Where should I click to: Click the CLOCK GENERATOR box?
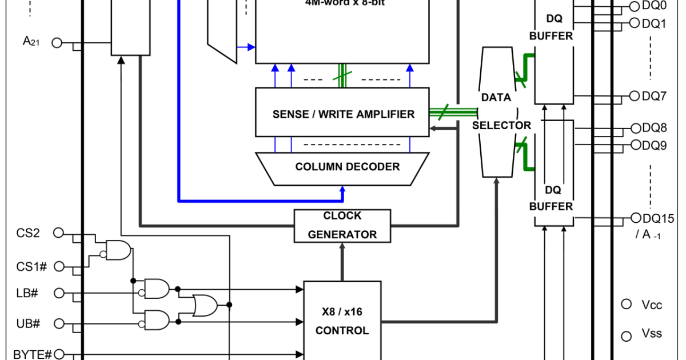[342, 225]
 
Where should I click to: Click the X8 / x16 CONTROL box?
[342, 320]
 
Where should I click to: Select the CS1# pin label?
[31, 266]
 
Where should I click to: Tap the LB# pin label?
[27, 293]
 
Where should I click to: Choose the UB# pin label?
[28, 323]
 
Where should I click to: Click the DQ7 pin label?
[654, 96]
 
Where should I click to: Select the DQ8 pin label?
[654, 128]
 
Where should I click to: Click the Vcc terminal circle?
[627, 304]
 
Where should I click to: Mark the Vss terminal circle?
[627, 336]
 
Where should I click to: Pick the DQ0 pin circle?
[635, 6]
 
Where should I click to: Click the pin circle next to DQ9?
[635, 145]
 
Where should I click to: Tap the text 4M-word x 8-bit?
[342, 2]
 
